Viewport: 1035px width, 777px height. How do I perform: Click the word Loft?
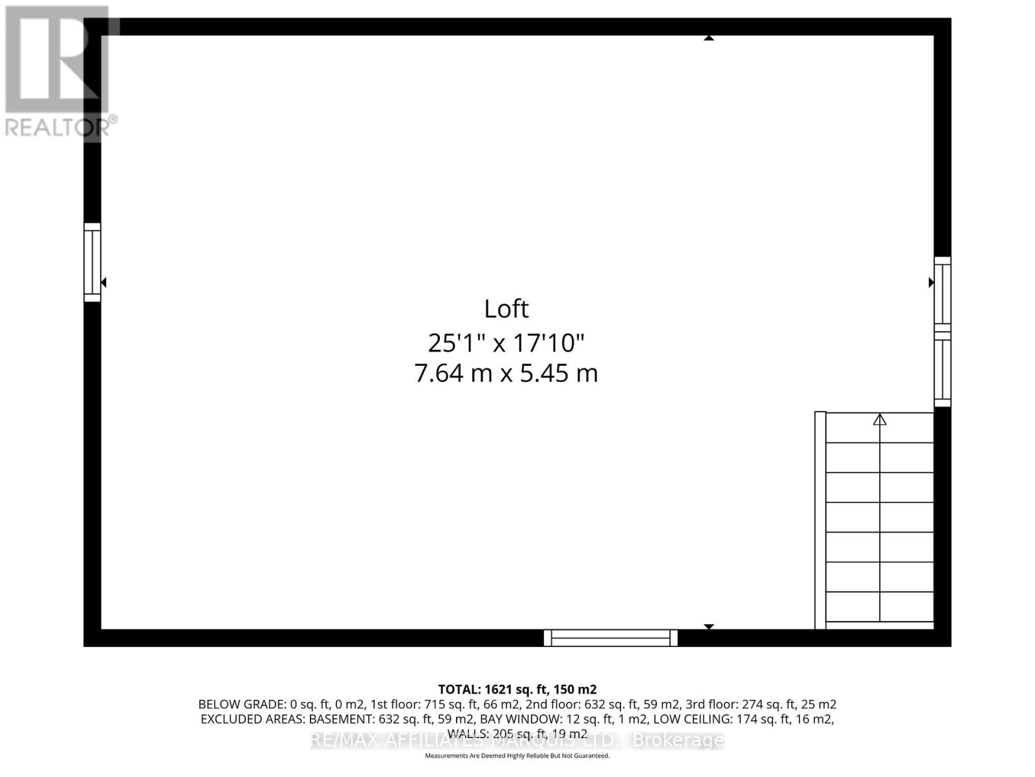point(506,309)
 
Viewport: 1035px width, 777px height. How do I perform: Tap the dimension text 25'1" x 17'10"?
point(506,343)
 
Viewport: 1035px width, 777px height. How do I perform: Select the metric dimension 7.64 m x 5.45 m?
point(506,374)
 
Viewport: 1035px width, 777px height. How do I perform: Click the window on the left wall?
point(93,262)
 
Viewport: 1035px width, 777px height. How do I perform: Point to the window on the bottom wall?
point(611,638)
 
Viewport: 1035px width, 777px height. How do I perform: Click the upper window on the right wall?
point(942,295)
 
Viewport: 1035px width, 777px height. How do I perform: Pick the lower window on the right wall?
point(942,370)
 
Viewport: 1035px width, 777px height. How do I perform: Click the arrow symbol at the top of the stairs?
point(880,420)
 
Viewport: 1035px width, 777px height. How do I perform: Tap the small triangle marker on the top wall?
point(709,38)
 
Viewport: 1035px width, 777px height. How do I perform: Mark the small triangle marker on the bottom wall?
point(709,627)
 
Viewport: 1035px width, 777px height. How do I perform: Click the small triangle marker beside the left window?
point(103,282)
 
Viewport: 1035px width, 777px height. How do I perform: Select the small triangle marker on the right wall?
point(931,282)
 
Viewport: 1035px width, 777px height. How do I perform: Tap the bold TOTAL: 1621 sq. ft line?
point(517,690)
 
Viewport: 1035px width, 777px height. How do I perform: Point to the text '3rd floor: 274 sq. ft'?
point(770,704)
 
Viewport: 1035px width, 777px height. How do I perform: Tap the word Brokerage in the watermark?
point(677,740)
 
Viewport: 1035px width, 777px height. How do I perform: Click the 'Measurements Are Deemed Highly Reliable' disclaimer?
point(517,756)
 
